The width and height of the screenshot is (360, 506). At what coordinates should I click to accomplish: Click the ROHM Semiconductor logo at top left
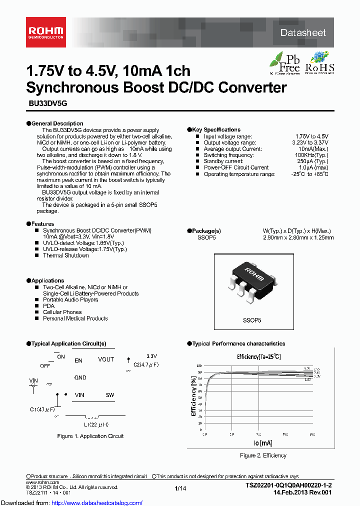pos(45,32)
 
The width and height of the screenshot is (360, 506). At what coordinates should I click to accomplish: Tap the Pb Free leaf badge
pos(284,62)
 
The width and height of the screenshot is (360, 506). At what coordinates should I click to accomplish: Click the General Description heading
pos(57,123)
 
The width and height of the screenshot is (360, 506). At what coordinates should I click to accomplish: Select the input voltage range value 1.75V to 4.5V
pos(311,136)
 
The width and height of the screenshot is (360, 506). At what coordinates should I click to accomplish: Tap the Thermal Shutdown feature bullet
pos(65,255)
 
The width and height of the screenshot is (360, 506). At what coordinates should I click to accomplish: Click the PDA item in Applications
pos(48,305)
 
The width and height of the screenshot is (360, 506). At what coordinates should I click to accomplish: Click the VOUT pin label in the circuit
pos(106,359)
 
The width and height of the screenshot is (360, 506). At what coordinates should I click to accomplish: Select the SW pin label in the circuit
pos(109,395)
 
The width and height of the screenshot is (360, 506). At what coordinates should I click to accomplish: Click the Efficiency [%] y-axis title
pos(193,396)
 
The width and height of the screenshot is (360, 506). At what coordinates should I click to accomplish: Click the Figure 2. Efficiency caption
pos(263,455)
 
